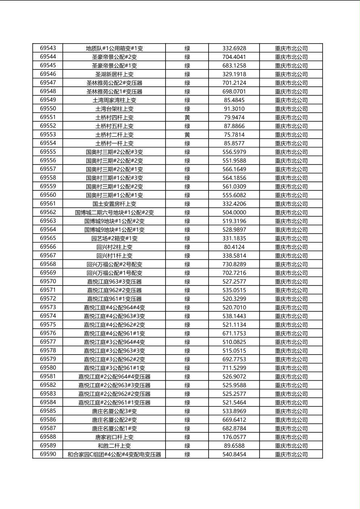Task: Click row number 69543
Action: (x=48, y=48)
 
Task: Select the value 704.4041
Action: (x=234, y=57)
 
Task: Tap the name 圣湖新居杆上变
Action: (x=114, y=74)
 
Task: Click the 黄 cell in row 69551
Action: (x=187, y=117)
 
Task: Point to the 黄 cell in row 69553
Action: (x=187, y=135)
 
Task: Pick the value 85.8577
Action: (x=234, y=143)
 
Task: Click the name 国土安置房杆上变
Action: (x=114, y=204)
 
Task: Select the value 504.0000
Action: (x=234, y=213)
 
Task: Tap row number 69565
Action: (x=48, y=238)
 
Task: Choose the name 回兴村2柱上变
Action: (x=114, y=247)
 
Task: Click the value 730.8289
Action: (x=234, y=264)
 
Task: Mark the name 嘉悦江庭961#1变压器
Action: (x=114, y=299)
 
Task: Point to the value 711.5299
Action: (x=234, y=368)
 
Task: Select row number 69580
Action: (x=48, y=368)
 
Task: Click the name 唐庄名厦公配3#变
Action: (x=114, y=411)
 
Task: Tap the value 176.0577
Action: (x=234, y=437)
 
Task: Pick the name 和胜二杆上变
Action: (x=114, y=446)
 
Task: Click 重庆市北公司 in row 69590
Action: (x=291, y=454)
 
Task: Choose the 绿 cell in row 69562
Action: (x=187, y=213)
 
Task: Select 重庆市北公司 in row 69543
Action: (x=291, y=48)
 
